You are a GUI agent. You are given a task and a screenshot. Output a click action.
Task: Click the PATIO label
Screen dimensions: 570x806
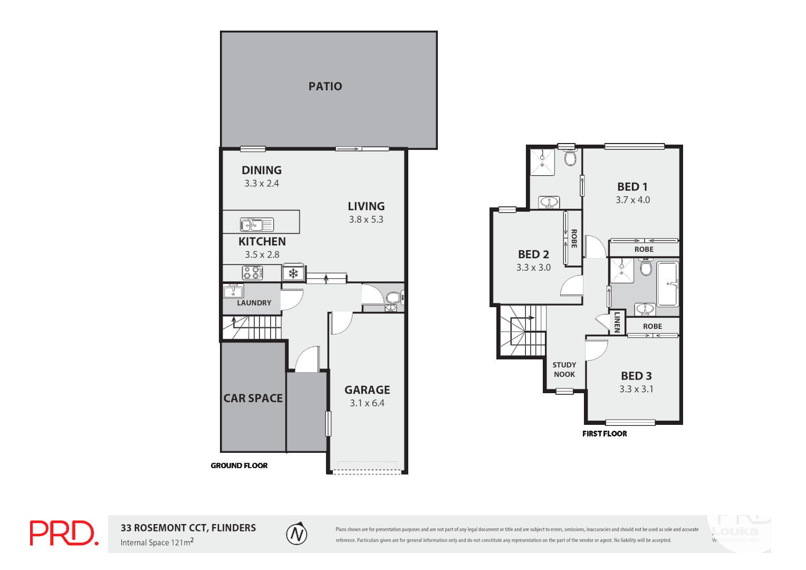point(325,86)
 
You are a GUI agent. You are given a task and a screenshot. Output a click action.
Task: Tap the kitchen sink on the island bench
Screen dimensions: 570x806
point(257,224)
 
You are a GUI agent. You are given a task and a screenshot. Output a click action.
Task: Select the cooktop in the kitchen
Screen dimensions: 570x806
point(252,273)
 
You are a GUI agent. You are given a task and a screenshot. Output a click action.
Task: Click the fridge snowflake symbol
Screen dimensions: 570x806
point(293,273)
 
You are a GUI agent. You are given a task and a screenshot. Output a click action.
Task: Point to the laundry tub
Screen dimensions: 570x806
point(233,291)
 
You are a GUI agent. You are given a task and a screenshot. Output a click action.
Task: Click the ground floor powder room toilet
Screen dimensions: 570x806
point(392,297)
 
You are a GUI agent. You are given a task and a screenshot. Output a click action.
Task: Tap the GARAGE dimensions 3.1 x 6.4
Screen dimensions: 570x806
point(367,403)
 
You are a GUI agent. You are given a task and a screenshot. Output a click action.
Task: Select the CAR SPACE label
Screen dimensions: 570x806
point(253,398)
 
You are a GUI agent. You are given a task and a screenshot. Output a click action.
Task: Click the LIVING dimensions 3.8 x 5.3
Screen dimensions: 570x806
point(366,220)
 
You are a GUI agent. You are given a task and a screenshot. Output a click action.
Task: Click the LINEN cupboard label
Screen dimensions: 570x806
point(617,322)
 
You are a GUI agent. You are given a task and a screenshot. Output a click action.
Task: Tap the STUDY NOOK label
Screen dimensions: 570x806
point(564,369)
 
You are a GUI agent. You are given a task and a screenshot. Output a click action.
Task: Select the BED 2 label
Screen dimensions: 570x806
point(533,254)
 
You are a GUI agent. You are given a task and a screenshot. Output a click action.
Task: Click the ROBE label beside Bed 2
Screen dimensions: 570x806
point(574,239)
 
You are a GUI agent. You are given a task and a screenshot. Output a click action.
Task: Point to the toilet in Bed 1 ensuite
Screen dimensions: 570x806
point(570,158)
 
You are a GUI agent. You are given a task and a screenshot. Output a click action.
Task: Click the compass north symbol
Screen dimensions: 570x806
point(296,534)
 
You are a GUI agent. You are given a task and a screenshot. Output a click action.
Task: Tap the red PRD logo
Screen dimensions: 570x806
point(64,533)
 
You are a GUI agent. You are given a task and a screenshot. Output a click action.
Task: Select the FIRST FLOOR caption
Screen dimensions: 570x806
point(604,434)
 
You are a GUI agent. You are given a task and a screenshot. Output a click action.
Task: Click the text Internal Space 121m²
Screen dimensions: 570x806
point(157,542)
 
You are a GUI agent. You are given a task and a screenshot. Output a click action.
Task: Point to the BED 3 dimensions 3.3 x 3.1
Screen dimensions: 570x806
point(636,389)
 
